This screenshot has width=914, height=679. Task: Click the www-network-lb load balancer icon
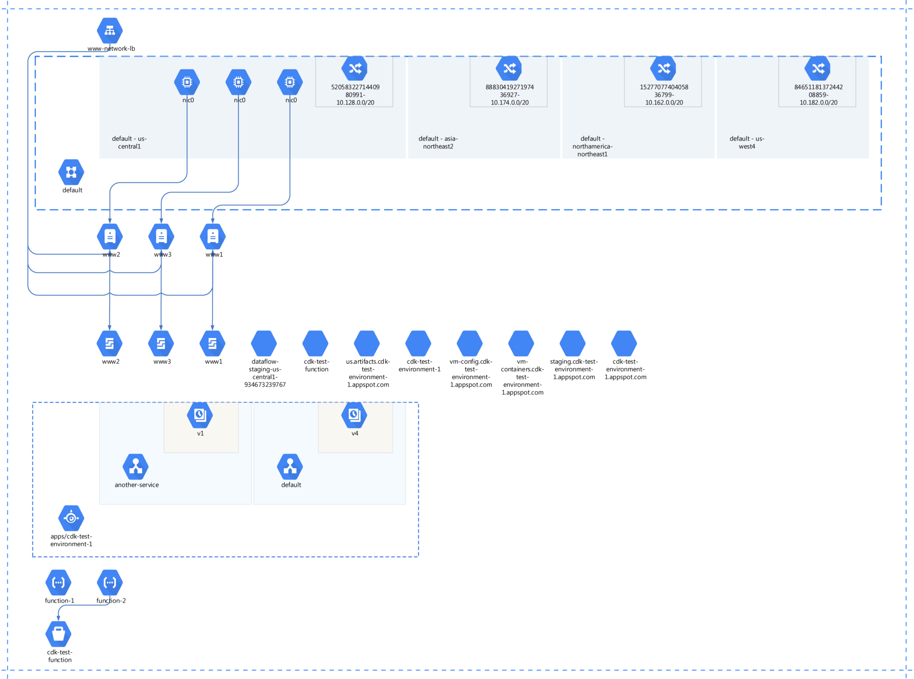tap(110, 30)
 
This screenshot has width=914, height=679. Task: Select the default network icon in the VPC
tap(71, 172)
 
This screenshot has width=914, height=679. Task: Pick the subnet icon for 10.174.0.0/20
tap(509, 68)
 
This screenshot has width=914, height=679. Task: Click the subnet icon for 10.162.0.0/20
tap(663, 68)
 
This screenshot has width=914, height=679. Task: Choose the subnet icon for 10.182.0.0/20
tap(818, 68)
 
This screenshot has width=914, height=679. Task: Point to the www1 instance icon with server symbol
tap(213, 236)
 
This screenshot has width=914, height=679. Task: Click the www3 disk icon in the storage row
tap(161, 343)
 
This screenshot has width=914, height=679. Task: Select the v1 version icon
tap(200, 415)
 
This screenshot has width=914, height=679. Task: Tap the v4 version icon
tap(354, 415)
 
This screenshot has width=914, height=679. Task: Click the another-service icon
tap(136, 467)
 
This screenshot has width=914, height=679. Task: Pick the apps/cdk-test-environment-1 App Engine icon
tap(71, 518)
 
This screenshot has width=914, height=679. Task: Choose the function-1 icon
tap(58, 582)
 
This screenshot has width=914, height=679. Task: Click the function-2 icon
tap(110, 582)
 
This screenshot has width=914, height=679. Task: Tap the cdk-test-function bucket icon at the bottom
tap(58, 634)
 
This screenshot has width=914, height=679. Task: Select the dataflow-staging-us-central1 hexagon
tap(264, 343)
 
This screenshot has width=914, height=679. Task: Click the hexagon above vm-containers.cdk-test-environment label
tap(521, 343)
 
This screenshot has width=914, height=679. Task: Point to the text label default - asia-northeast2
tap(438, 142)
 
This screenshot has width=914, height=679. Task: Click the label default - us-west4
tap(747, 142)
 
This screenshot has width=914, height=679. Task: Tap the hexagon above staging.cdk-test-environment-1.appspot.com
tap(573, 343)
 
